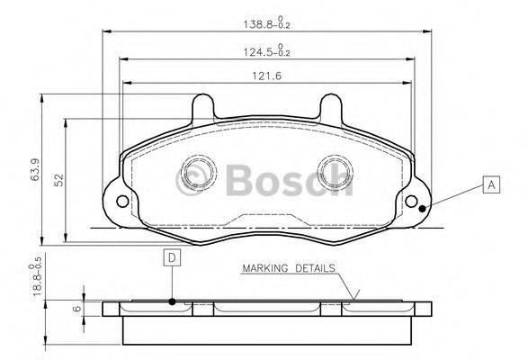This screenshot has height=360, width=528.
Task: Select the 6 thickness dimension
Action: (76, 307)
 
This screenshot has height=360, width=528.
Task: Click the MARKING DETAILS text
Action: (287, 268)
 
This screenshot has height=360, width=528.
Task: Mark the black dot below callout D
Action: (171, 301)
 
